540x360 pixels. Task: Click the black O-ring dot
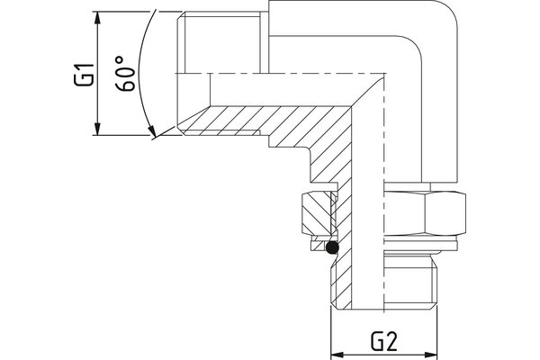coord(333,247)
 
